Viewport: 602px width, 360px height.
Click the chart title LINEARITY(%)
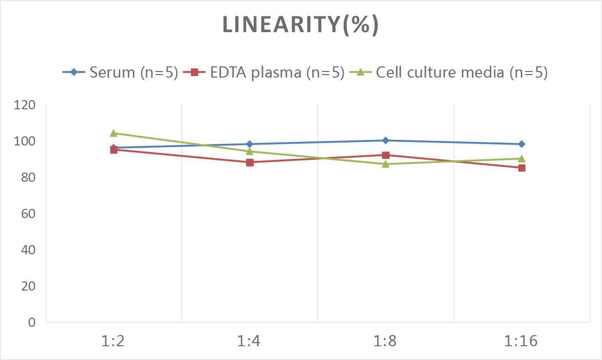click(x=300, y=25)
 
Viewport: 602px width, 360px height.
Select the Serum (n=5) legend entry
click(x=133, y=72)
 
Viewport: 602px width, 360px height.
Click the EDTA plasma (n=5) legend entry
click(x=277, y=72)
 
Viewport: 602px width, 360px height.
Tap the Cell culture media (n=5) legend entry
click(x=461, y=72)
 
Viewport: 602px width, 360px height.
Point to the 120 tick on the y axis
click(x=25, y=105)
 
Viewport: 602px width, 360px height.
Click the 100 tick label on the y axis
click(x=25, y=141)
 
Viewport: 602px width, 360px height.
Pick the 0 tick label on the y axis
click(x=32, y=322)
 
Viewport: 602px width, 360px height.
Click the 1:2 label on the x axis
click(x=113, y=341)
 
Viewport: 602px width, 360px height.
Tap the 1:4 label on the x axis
click(x=249, y=341)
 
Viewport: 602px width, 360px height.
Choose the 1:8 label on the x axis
click(x=386, y=341)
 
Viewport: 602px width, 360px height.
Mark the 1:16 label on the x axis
click(x=521, y=341)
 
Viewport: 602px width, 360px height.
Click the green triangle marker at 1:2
click(x=114, y=133)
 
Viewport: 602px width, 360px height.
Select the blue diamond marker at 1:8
click(x=386, y=140)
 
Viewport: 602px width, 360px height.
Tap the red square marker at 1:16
click(x=521, y=167)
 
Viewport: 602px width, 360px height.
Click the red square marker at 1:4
click(x=250, y=162)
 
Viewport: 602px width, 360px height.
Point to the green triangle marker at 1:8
click(x=386, y=164)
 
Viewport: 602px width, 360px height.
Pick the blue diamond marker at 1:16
click(x=521, y=144)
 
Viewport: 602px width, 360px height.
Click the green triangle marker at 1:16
click(x=521, y=158)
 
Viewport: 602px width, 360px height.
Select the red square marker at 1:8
click(x=386, y=155)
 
